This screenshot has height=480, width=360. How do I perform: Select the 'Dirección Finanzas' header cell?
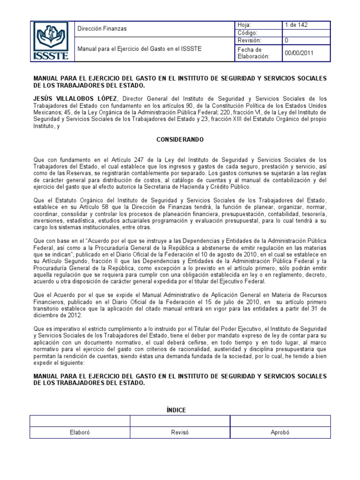pos(102,29)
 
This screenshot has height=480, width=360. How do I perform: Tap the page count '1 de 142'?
pos(296,25)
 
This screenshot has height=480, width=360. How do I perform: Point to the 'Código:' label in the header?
pos(248,33)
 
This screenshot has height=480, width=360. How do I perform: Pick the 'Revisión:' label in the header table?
pos(249,41)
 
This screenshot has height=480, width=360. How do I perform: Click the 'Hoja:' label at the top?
pos(245,25)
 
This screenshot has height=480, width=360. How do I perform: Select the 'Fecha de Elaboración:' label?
pos(254,53)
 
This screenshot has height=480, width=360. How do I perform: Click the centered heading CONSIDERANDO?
pos(180,140)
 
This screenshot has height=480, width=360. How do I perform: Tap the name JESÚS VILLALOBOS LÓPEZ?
pos(75,98)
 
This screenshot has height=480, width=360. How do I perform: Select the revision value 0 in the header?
pos(287,41)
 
